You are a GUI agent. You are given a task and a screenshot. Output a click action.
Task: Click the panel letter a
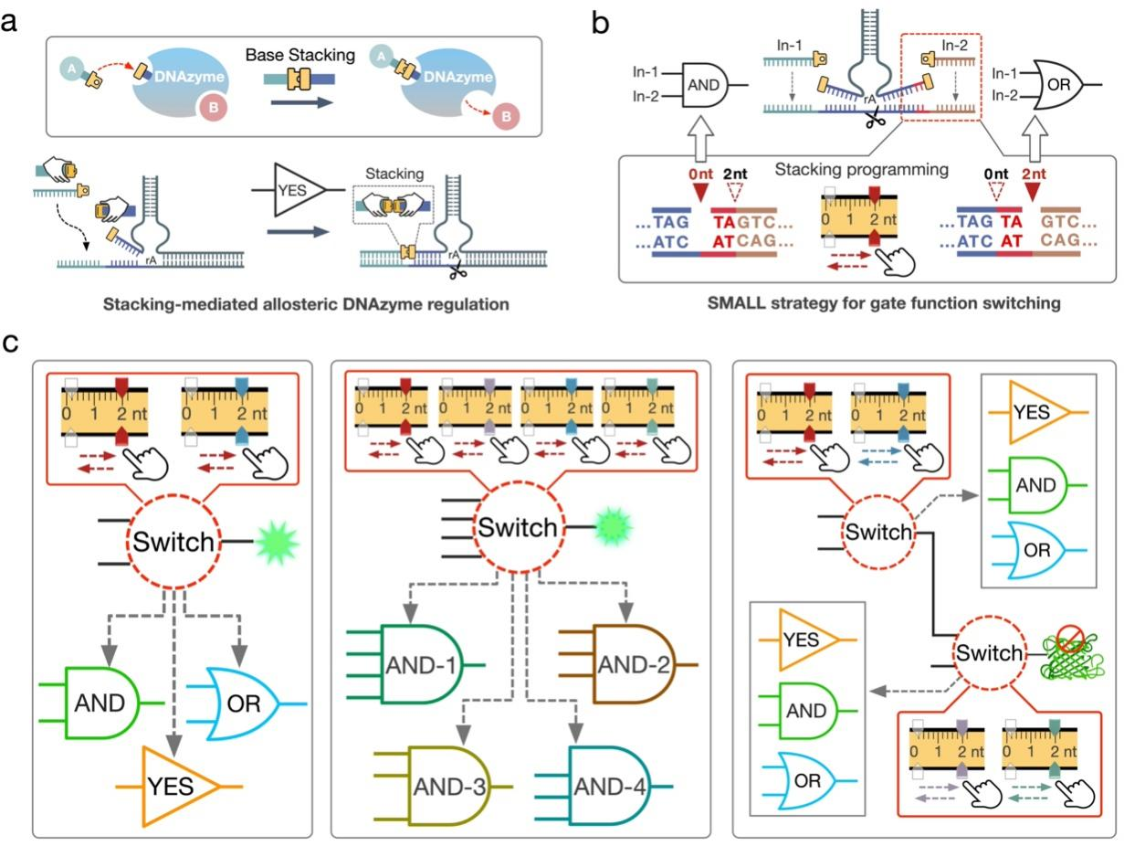pyautogui.click(x=11, y=20)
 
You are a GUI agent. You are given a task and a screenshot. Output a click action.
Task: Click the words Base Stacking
pyautogui.click(x=288, y=55)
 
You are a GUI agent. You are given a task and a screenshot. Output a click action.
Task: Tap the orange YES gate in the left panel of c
pyautogui.click(x=179, y=786)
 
